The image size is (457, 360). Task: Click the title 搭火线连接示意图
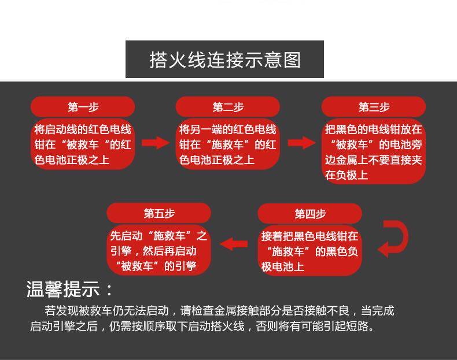tap(224, 59)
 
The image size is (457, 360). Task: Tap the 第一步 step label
tap(83, 106)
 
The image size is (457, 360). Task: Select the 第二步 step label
tap(228, 106)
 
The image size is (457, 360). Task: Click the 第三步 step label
tap(374, 106)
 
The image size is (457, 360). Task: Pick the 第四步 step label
tap(310, 214)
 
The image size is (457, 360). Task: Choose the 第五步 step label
tap(159, 213)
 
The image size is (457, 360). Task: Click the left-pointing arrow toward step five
tap(235, 244)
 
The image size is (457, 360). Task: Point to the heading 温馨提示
tap(69, 289)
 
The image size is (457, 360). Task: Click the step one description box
tap(83, 144)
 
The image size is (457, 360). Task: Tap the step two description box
tap(228, 144)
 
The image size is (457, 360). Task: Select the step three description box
tap(374, 152)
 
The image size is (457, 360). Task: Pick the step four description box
tap(310, 251)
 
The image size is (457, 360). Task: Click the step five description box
tap(159, 251)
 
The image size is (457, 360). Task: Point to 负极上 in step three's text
tap(347, 175)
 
